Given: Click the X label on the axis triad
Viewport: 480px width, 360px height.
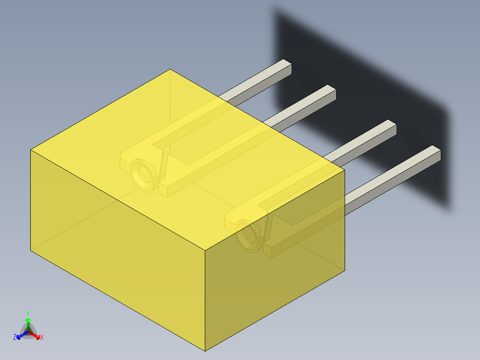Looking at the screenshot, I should click(42, 338).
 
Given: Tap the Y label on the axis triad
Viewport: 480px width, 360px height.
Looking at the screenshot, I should click(28, 313).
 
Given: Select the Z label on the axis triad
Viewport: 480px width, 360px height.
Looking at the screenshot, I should click(15, 338).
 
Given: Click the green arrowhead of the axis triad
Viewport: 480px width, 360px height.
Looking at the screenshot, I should click(28, 320).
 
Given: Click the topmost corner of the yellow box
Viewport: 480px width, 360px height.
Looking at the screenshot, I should click(170, 70).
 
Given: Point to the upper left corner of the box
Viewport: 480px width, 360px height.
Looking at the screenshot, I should click(31, 150).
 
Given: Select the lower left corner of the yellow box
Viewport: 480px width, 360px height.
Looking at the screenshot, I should click(31, 251).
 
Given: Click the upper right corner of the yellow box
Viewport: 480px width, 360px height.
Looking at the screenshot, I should click(345, 169).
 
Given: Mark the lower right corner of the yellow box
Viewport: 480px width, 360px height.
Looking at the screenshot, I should click(345, 270).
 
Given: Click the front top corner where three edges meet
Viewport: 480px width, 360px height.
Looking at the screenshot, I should click(205, 250).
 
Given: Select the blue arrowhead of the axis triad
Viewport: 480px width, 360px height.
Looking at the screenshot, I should click(20, 335).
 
